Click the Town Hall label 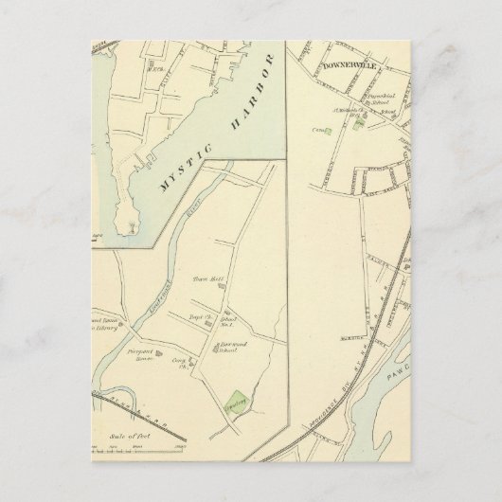pos(206,278)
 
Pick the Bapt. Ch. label pos(202,317)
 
